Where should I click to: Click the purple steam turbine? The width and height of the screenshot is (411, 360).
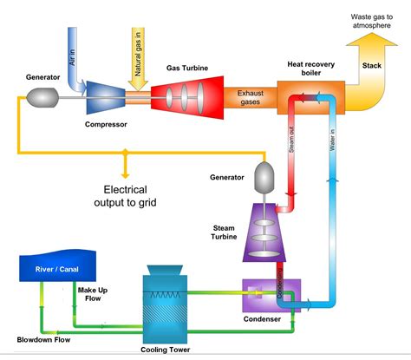click(x=264, y=233)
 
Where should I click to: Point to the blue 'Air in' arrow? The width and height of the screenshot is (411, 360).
click(x=76, y=56)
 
